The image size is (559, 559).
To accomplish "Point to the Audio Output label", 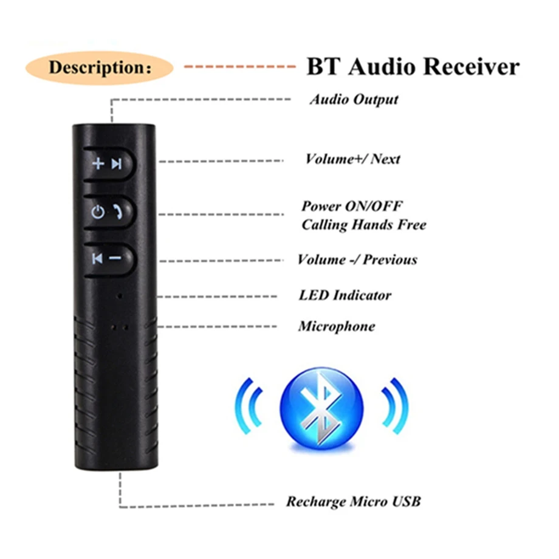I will (x=354, y=99).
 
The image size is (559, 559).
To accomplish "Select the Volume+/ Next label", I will (x=352, y=159).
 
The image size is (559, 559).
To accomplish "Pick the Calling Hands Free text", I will (x=363, y=225).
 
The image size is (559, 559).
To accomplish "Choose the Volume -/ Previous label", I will (x=357, y=260).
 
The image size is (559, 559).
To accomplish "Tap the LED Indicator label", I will (x=345, y=295).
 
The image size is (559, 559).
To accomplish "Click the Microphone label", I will (x=336, y=326).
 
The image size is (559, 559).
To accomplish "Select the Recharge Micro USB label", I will (x=353, y=502).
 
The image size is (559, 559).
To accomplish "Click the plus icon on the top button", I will (x=98, y=163).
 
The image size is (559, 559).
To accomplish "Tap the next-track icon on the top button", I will (x=116, y=163).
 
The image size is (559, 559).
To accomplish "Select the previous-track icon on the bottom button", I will (x=97, y=258).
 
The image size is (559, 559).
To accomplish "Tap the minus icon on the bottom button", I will (x=115, y=258).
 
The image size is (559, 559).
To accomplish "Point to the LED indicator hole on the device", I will (x=120, y=296).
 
